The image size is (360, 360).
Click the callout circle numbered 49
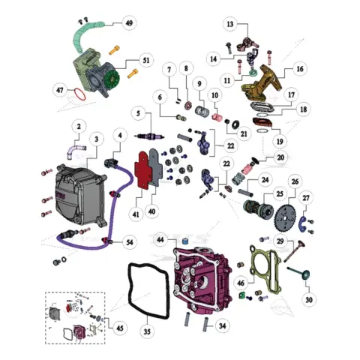point(129,23)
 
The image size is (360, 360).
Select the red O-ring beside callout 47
point(79,94)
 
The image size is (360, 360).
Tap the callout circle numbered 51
point(146,60)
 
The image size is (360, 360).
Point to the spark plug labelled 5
point(149,136)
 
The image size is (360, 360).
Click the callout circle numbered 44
point(160,240)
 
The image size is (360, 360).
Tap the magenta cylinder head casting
point(202,280)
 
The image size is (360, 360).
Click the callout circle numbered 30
point(309,299)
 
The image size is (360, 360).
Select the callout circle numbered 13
point(230,24)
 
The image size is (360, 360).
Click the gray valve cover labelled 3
point(79,195)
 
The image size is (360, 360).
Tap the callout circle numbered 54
point(130,242)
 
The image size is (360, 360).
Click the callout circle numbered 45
point(120,328)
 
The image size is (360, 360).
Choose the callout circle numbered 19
point(280,142)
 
